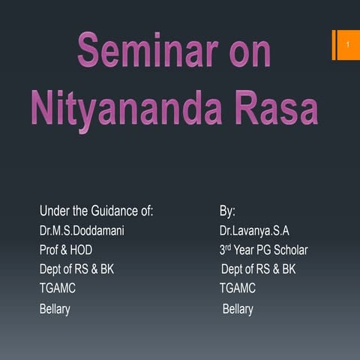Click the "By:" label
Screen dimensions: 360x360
pyautogui.click(x=227, y=211)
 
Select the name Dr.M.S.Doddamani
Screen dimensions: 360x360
pyautogui.click(x=82, y=230)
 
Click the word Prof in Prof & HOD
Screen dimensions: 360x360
pyautogui.click(x=49, y=250)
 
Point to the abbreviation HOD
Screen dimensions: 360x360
pyautogui.click(x=81, y=250)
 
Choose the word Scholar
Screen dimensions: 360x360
pyautogui.click(x=289, y=250)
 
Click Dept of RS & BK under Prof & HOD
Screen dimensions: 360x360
pyautogui.click(x=76, y=269)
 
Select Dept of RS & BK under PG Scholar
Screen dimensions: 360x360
pyautogui.click(x=258, y=269)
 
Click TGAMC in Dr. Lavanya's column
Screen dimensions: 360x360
pyautogui.click(x=237, y=288)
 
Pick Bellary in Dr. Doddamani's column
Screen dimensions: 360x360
pyautogui.click(x=55, y=309)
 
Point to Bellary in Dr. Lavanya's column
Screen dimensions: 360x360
pyautogui.click(x=238, y=309)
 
